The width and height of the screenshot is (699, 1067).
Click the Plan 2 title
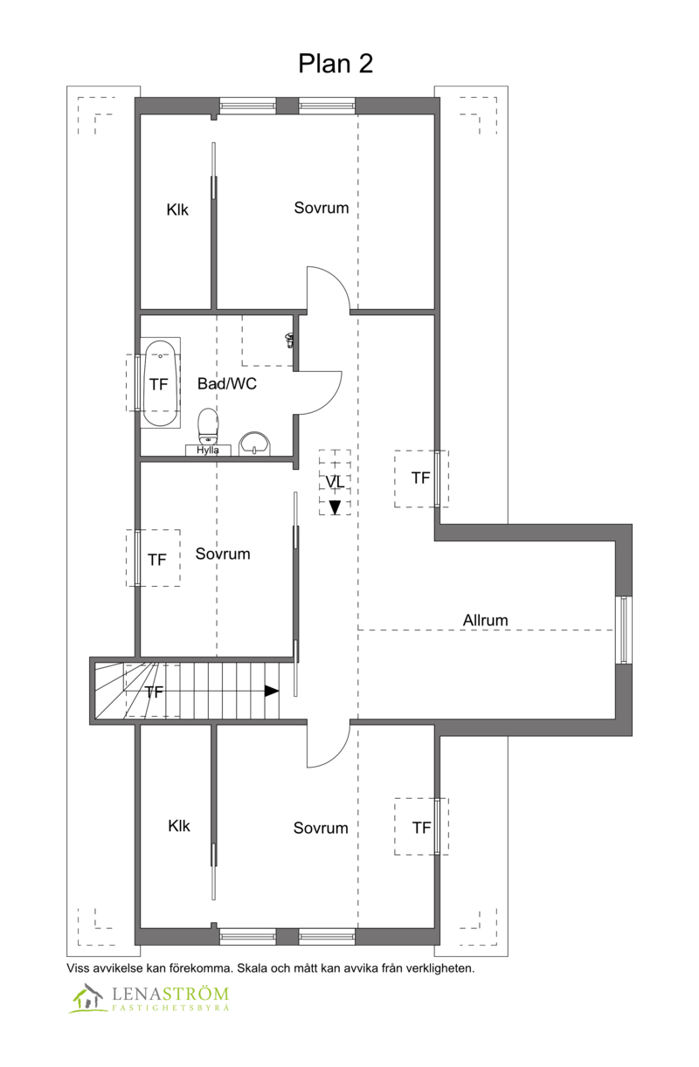point(336,64)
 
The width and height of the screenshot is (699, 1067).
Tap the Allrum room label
point(486,620)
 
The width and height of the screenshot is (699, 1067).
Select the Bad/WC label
point(227,383)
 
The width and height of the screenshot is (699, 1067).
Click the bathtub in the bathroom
point(161,383)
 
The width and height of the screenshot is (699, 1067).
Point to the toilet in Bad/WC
point(208,426)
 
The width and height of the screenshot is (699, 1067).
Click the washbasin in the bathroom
point(254,443)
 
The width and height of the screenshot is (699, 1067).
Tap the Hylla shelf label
point(208,451)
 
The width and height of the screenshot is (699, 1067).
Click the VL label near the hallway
point(335,482)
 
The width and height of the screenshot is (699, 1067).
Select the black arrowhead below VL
point(336,507)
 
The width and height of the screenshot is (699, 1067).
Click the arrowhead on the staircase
point(272,691)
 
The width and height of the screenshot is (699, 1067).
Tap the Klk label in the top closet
point(177,210)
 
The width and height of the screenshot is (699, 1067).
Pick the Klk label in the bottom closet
point(179,825)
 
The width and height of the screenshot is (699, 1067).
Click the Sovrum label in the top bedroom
point(322,208)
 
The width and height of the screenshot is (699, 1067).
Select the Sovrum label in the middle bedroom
point(223,554)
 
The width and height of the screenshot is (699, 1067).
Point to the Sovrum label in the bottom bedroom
point(321,828)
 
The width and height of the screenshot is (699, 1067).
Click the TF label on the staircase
point(154,692)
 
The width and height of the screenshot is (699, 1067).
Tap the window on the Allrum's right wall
point(624,629)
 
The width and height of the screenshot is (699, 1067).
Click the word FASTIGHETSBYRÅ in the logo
point(170,1008)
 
